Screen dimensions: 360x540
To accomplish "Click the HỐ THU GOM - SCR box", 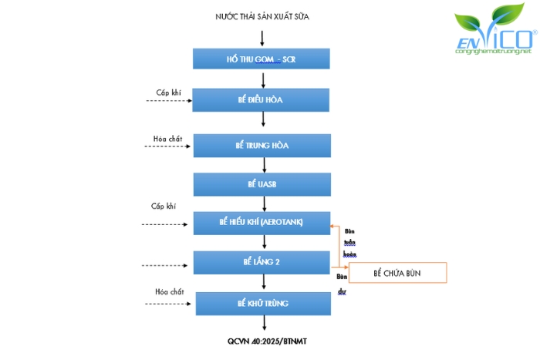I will (x=262, y=59).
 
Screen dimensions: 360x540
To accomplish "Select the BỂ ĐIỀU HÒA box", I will (x=262, y=100).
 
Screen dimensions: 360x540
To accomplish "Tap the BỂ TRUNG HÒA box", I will (x=262, y=145).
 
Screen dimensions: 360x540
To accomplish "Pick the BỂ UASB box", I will (x=262, y=184).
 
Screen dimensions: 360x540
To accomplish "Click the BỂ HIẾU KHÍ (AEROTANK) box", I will (x=262, y=222).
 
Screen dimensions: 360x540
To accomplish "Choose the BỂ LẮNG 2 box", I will (x=262, y=262).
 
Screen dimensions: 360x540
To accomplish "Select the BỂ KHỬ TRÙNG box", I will (x=262, y=303).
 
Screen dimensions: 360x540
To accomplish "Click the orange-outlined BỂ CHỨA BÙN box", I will (x=398, y=273).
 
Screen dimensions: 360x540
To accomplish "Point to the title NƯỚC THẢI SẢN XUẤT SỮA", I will (x=262, y=16).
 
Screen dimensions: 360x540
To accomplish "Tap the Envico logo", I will (x=494, y=35).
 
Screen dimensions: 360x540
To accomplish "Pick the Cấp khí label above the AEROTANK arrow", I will (x=164, y=207).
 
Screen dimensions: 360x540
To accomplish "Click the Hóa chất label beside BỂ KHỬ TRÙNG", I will (x=170, y=291).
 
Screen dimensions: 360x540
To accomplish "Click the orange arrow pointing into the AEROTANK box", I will (x=336, y=227).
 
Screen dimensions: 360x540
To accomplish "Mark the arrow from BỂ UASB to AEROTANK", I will (x=265, y=204).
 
